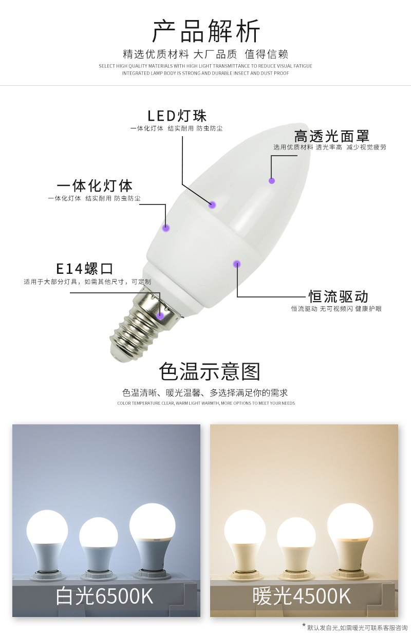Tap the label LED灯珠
(x=177, y=116)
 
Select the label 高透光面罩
(x=331, y=136)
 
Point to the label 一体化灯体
(x=95, y=185)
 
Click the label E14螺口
(x=84, y=268)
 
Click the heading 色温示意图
(x=210, y=371)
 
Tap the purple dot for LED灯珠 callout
(x=212, y=205)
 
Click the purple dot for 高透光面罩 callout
(x=272, y=180)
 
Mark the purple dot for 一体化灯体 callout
(x=166, y=227)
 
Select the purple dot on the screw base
(x=160, y=315)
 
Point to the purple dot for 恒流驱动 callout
(x=237, y=264)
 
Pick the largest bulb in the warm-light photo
(x=350, y=524)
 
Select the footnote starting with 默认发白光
(x=357, y=627)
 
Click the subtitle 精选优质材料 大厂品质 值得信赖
(x=206, y=54)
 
